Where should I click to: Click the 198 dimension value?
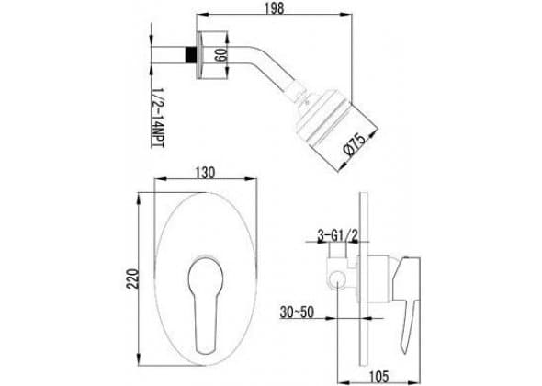click(x=275, y=7)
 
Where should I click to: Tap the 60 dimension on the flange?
click(x=220, y=55)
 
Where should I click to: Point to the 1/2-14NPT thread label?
click(x=158, y=118)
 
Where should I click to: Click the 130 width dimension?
click(x=206, y=173)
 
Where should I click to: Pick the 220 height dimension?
click(x=132, y=278)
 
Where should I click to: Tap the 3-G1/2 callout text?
click(x=338, y=236)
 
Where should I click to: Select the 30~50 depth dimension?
click(x=297, y=312)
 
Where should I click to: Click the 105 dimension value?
click(x=378, y=376)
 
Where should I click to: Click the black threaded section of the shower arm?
click(x=190, y=54)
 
